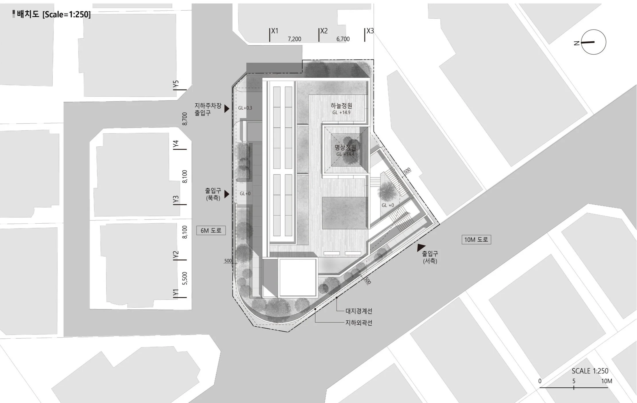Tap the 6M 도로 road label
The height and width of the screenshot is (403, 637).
point(211,230)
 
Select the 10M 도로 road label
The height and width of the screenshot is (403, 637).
point(476,239)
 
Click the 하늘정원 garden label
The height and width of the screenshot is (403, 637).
point(341,106)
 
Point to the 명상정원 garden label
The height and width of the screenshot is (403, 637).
point(345,148)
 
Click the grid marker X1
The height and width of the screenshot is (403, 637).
point(275,31)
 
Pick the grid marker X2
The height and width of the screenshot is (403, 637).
point(324,31)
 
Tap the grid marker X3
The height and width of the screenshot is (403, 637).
point(370,31)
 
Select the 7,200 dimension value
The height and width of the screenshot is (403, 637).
point(294,39)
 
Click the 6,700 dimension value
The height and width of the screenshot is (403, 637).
point(343,39)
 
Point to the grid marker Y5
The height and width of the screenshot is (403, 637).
point(176,84)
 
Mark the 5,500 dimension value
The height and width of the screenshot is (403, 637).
point(185,278)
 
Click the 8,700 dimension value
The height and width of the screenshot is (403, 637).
point(185,119)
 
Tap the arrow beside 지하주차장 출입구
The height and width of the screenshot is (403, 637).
point(227,108)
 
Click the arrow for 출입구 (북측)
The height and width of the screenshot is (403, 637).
point(227,194)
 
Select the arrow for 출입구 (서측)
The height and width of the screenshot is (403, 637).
point(421,247)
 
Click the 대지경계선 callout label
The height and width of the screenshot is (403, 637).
point(359,311)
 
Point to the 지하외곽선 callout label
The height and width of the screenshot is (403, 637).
point(359,323)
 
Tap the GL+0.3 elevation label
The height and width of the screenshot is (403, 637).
point(245,108)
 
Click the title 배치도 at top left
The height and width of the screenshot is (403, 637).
point(28,14)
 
